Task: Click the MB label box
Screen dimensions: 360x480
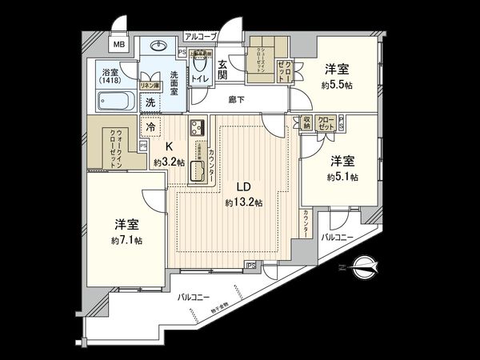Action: point(117,45)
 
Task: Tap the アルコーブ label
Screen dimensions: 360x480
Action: point(199,36)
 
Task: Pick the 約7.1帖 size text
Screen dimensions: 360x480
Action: point(127,239)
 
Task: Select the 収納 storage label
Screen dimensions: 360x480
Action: point(306,124)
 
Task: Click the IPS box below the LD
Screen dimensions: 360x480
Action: point(250,265)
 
